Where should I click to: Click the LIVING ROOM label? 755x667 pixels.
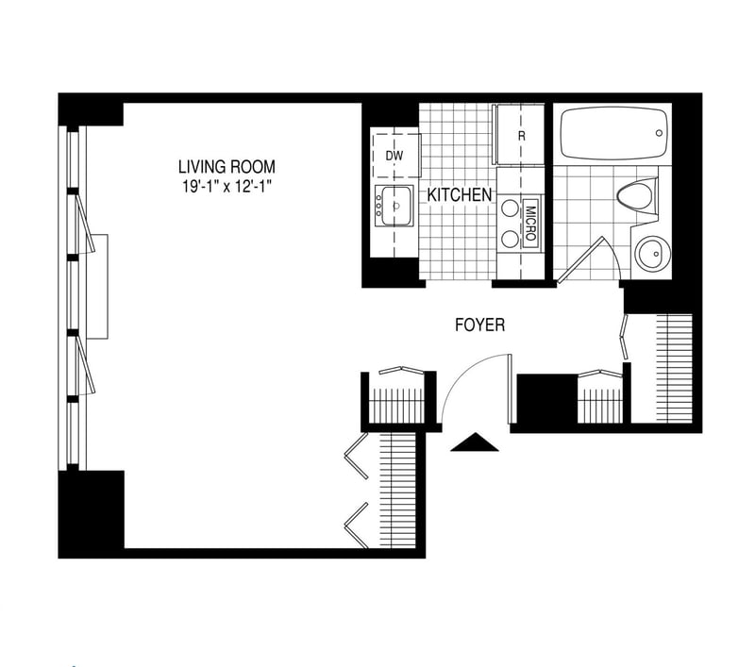[x=226, y=167]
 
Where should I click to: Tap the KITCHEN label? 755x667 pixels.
[x=460, y=195]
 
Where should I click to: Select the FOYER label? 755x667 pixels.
[x=480, y=325]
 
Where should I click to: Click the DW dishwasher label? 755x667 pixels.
[x=394, y=156]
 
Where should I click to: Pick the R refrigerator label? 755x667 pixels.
[x=522, y=136]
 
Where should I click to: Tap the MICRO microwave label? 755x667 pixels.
[x=530, y=224]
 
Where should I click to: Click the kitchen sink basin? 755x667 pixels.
[x=396, y=206]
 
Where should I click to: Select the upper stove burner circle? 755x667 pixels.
[x=510, y=208]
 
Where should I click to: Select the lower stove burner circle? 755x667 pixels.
[x=510, y=238]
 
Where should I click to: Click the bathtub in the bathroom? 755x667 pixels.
[x=614, y=133]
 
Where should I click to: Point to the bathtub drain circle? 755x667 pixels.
[x=659, y=133]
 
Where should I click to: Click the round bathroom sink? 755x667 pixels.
[x=653, y=254]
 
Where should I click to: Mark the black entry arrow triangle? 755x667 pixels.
[x=475, y=442]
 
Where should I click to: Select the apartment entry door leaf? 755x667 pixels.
[x=510, y=389]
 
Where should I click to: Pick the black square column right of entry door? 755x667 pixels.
[x=547, y=399]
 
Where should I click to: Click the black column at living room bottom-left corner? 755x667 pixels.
[x=92, y=513]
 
